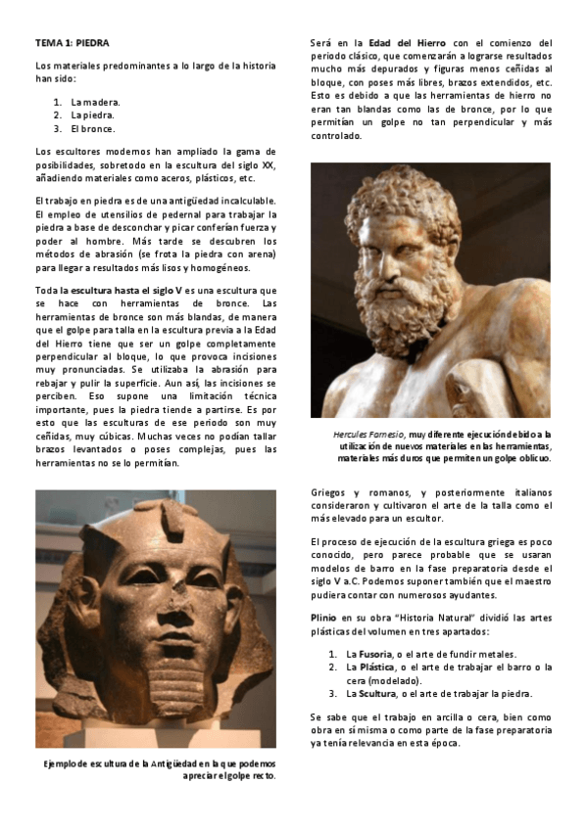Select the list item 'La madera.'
pos(96,101)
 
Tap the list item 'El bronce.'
pos(93,128)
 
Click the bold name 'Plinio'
pos(323,619)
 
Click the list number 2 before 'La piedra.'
pos(58,115)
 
